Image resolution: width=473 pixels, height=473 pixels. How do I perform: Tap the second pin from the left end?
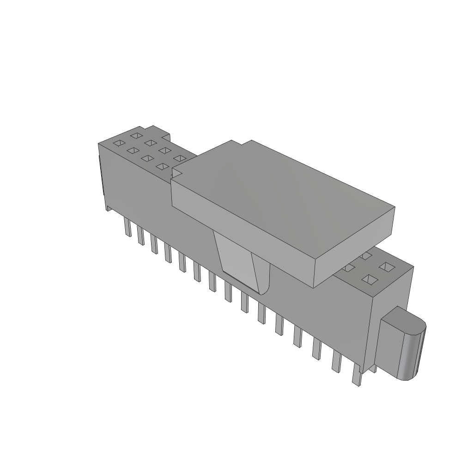140,236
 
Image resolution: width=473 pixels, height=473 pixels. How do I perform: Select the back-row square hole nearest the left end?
136,135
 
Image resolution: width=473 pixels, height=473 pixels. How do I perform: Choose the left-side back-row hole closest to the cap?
179,158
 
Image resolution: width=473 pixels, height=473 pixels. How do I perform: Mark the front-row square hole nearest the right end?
369,279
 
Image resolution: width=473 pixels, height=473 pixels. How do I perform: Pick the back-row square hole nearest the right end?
385,267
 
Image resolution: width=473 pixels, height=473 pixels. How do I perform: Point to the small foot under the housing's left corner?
109,207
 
